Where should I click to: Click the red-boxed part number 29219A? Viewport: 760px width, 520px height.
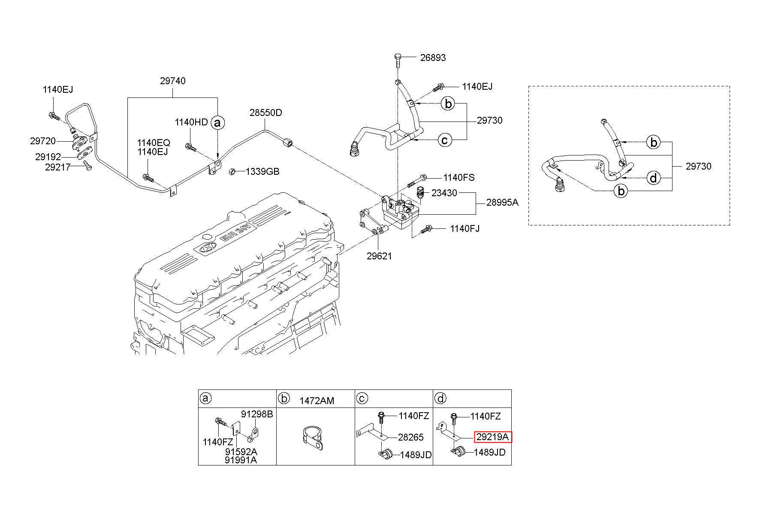pyautogui.click(x=493, y=437)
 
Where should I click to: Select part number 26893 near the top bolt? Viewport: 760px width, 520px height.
pyautogui.click(x=433, y=58)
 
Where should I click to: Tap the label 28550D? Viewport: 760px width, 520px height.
pyautogui.click(x=266, y=113)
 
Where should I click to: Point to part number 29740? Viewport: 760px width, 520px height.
pyautogui.click(x=173, y=81)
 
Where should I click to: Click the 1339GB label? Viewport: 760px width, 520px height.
pyautogui.click(x=262, y=172)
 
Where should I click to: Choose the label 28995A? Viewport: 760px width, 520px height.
pyautogui.click(x=502, y=202)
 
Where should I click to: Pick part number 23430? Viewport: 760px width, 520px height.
pyautogui.click(x=444, y=193)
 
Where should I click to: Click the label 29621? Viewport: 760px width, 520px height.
pyautogui.click(x=379, y=256)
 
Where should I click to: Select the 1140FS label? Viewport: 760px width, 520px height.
pyautogui.click(x=459, y=177)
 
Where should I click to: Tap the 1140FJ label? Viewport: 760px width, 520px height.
pyautogui.click(x=464, y=228)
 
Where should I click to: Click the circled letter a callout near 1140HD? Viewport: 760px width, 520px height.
pyautogui.click(x=218, y=123)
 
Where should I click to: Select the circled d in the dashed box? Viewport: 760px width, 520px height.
pyautogui.click(x=653, y=177)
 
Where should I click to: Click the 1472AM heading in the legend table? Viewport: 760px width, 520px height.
pyautogui.click(x=317, y=401)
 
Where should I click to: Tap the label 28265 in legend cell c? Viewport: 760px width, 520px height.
pyautogui.click(x=410, y=437)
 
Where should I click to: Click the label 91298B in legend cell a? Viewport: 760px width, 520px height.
pyautogui.click(x=257, y=414)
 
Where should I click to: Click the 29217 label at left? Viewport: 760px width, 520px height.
pyautogui.click(x=57, y=167)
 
